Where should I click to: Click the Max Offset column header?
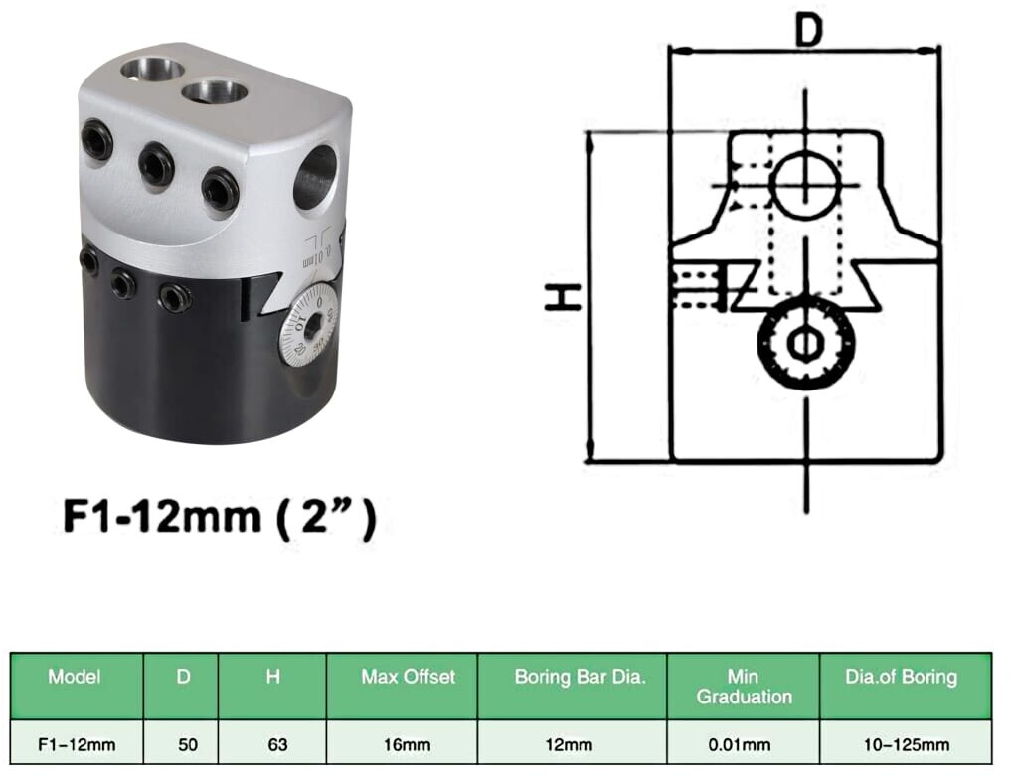408,677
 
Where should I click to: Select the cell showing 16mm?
407,745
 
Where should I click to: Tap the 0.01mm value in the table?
740,745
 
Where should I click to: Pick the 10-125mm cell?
907,745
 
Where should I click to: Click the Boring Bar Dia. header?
580,677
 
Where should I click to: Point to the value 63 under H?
277,745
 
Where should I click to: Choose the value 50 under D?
188,745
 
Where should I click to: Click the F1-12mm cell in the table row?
77,745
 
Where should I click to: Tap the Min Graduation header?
744,687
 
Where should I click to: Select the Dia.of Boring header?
901,677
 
